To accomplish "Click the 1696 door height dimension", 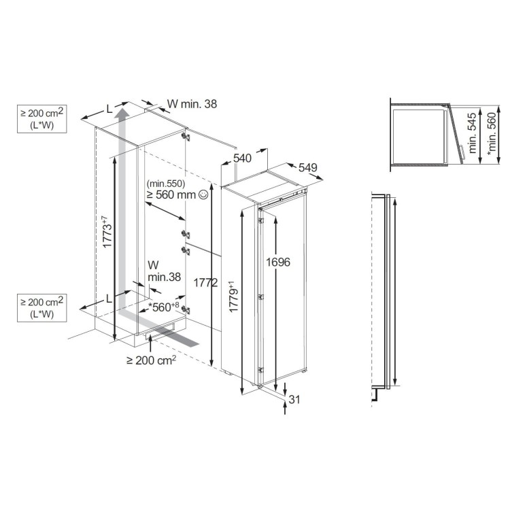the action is tap(277, 262).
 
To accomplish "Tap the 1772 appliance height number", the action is tap(205, 283).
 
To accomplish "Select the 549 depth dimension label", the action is tap(307, 167).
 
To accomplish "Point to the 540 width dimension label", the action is tap(242, 158).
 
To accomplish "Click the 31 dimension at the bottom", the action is tap(294, 399).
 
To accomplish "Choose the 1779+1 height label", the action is tap(233, 296).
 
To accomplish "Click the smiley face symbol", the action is tap(203, 194).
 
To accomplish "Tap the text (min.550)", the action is tap(166, 184).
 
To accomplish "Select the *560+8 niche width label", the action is tap(163, 307).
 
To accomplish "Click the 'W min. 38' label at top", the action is tap(192, 104).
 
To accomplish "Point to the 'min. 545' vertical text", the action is tap(473, 133).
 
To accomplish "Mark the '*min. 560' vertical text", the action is tap(492, 134).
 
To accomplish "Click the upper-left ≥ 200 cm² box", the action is tap(42, 119).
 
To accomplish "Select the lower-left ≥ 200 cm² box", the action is tap(42, 307).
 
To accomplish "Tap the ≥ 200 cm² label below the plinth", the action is tap(151, 360).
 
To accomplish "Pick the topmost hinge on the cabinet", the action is tap(186, 136).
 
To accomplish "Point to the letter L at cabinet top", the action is tap(109, 109).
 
